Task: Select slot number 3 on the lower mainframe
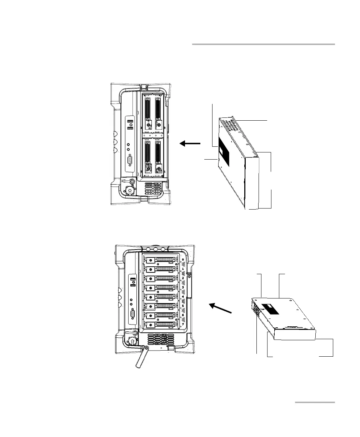(182, 287)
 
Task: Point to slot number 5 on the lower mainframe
(182, 306)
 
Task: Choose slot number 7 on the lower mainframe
(182, 324)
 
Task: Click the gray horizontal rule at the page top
(264, 45)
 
